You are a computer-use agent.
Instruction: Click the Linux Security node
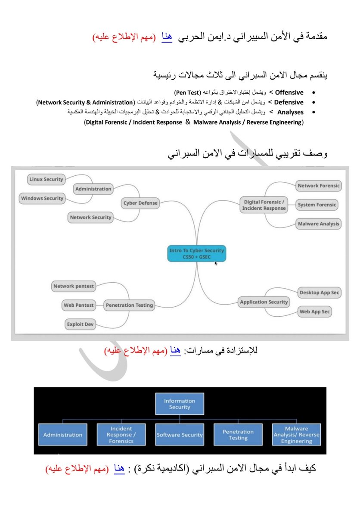tap(46, 179)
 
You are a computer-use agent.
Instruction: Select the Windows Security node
tap(42, 198)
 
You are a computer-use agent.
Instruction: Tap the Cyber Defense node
tap(140, 203)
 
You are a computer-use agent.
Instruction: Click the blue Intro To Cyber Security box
tap(196, 253)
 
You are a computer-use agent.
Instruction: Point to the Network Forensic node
tap(319, 186)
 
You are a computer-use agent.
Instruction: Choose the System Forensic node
tap(317, 205)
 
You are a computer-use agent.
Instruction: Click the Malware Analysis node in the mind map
tap(319, 224)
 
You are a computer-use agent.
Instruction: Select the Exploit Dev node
tap(81, 324)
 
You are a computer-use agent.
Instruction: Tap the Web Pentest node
tap(78, 305)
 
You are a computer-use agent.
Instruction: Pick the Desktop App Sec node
tap(320, 293)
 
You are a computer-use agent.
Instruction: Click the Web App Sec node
tap(315, 311)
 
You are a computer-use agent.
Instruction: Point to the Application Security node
tap(264, 302)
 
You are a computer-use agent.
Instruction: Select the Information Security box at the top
tap(180, 404)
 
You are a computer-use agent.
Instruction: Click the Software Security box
tap(180, 435)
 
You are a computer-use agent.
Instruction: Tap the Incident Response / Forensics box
tap(121, 435)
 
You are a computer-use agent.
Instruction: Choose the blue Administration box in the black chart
tap(62, 435)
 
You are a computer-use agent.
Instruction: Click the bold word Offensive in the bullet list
tap(289, 93)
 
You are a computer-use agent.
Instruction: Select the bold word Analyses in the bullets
tap(291, 112)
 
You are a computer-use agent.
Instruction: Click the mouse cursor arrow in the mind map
tap(216, 263)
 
